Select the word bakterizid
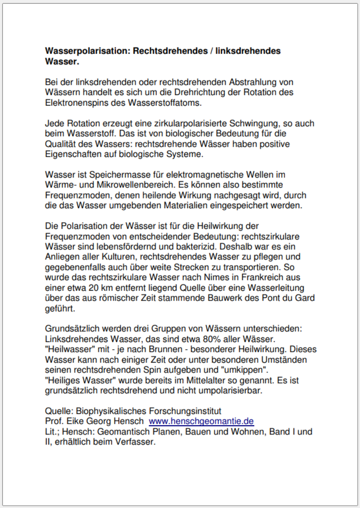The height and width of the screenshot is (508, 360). tap(189, 247)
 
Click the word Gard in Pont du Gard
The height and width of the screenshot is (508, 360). tap(305, 298)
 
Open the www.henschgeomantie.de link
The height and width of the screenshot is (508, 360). tap(201, 421)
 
